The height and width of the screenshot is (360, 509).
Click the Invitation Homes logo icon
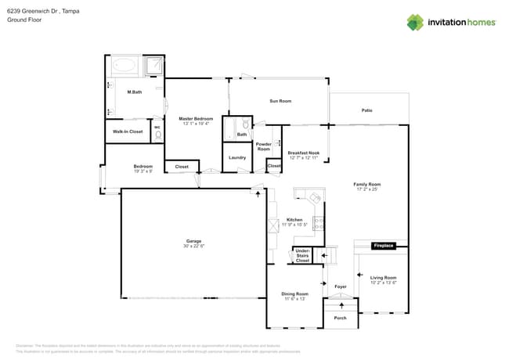415,22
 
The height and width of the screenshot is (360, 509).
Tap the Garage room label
194,243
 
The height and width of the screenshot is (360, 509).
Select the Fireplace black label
384,246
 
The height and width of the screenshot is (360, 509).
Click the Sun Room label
280,101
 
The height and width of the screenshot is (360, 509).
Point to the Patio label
366,110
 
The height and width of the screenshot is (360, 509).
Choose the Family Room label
367,186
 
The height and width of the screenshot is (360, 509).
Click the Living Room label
384,279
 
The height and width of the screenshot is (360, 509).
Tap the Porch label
341,318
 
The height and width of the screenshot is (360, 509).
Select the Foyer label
341,286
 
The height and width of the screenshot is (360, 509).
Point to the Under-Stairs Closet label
302,255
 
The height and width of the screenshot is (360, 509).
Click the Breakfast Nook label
303,155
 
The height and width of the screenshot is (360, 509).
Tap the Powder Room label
264,146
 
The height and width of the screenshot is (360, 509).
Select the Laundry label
237,157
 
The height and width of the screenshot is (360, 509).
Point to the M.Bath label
135,92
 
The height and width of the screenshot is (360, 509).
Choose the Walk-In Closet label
128,131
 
